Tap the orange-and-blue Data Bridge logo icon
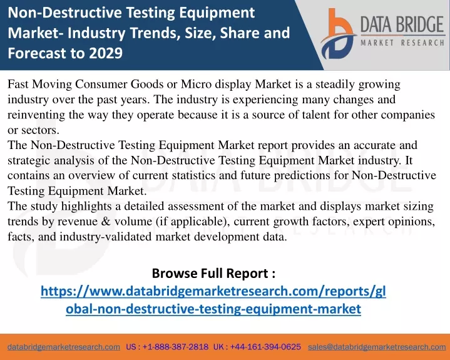338,34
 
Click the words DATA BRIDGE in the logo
402,24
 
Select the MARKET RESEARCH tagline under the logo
402,43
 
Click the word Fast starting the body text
18,84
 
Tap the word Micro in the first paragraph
196,84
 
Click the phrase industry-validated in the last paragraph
106,237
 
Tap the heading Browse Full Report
213,273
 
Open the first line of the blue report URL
213,291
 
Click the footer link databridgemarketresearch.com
64,347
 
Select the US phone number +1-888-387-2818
175,347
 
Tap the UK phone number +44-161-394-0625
265,347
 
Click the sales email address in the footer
377,347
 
